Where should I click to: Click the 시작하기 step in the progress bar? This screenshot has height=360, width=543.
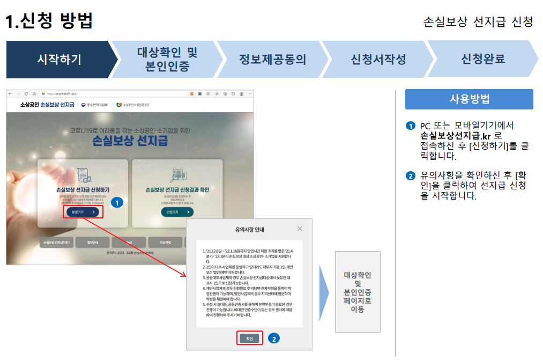pyautogui.click(x=59, y=59)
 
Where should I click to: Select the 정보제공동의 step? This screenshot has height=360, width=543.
pyautogui.click(x=272, y=59)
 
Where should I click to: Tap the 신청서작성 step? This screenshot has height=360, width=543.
pyautogui.click(x=378, y=59)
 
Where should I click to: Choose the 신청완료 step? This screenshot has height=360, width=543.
pyautogui.click(x=482, y=59)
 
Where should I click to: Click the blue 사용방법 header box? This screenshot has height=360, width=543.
pyautogui.click(x=469, y=99)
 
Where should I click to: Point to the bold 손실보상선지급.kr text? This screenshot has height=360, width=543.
pyautogui.click(x=456, y=136)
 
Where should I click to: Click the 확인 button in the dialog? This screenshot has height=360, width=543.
pyautogui.click(x=249, y=339)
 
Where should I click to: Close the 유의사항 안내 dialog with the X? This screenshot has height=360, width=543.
pyautogui.click(x=300, y=229)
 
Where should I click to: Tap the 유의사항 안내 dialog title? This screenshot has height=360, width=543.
pyautogui.click(x=249, y=230)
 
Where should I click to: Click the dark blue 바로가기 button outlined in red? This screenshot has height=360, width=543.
pyautogui.click(x=85, y=212)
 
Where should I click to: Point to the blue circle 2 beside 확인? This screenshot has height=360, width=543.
pyautogui.click(x=273, y=339)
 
